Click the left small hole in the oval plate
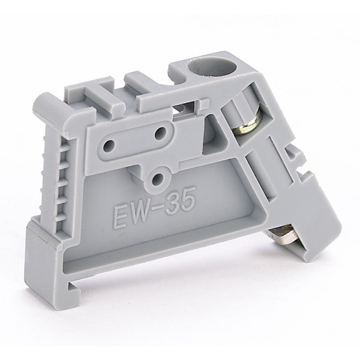click(x=110, y=145)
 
